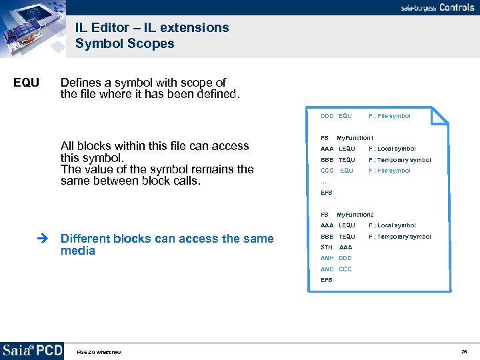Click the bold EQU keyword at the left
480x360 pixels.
click(27, 83)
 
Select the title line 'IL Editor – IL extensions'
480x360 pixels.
click(151, 27)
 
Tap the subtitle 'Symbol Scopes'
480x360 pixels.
click(125, 44)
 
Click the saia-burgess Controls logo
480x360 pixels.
click(437, 7)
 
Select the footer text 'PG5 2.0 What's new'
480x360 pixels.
click(99, 352)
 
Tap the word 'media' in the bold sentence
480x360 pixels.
click(77, 251)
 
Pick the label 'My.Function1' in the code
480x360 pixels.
click(355, 138)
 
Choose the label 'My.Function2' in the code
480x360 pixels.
click(355, 215)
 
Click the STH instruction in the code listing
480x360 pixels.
click(326, 247)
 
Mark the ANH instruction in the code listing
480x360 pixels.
click(327, 258)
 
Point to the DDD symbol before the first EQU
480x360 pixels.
click(327, 116)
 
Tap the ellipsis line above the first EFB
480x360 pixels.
click(323, 182)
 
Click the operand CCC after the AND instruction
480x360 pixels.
click(345, 269)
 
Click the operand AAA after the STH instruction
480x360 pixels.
click(345, 247)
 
